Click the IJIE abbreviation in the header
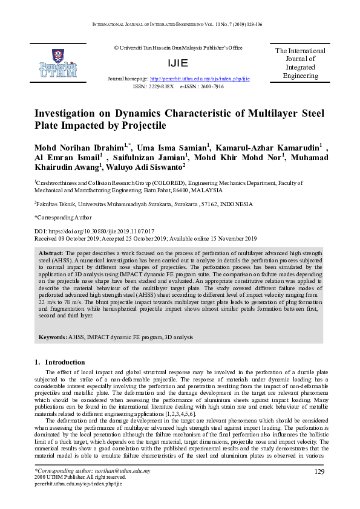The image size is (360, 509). click(180, 63)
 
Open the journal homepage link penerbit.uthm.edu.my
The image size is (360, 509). click(200, 79)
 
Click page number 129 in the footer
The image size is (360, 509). click(321, 472)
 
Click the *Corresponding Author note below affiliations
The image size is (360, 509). click(64, 217)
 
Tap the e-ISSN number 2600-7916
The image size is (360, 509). click(210, 86)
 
